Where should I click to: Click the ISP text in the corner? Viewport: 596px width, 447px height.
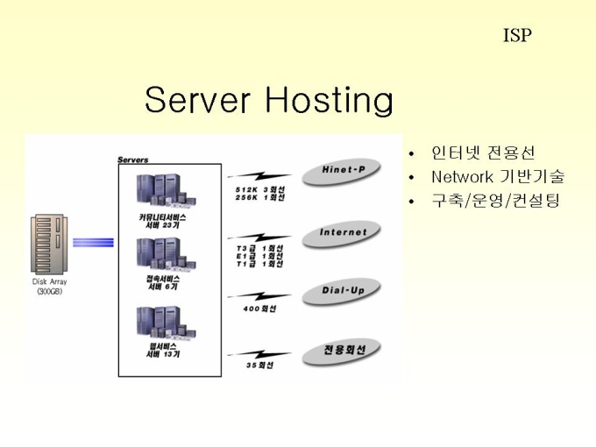517,36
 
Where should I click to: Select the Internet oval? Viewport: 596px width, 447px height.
343,233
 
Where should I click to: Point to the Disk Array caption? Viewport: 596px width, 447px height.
50,286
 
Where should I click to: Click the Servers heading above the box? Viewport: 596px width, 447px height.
133,160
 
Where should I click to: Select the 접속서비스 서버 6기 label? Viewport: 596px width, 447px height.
163,282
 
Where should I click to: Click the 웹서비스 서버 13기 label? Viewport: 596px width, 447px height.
163,351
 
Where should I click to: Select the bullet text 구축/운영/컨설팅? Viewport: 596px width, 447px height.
494,201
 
